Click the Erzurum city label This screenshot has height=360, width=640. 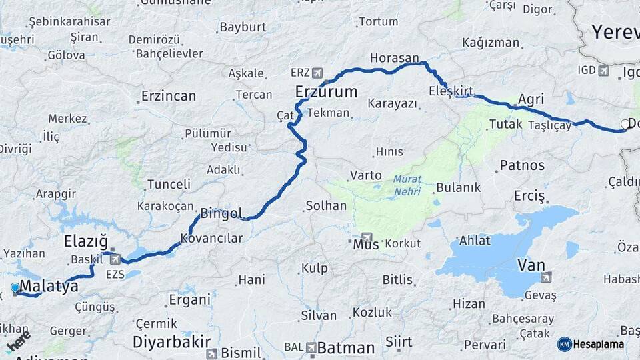(327, 92)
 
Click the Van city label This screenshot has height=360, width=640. (531, 265)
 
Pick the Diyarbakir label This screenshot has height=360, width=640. (169, 342)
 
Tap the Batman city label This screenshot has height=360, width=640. (345, 348)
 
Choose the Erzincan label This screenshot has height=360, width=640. (169, 96)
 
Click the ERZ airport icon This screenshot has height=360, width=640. (316, 73)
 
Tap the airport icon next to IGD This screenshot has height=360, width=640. (604, 71)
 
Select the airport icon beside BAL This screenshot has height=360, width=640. (311, 347)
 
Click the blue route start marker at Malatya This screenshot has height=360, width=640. (15, 288)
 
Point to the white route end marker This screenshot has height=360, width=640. (625, 124)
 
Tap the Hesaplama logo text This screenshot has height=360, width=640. (598, 345)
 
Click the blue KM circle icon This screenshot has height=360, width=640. (564, 345)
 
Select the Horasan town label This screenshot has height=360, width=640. (394, 59)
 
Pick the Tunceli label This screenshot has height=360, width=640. (169, 183)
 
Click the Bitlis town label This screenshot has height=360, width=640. (397, 280)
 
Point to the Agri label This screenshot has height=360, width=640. (531, 99)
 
